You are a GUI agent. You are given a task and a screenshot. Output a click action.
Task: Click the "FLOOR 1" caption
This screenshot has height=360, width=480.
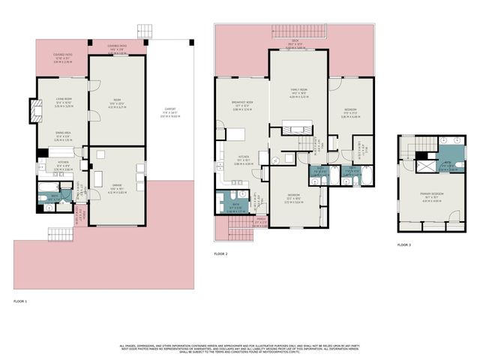point(20,301)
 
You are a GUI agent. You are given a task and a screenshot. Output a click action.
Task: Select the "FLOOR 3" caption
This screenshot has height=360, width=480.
point(405,244)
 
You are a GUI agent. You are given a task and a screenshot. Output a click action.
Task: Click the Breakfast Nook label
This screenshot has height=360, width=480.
point(244,106)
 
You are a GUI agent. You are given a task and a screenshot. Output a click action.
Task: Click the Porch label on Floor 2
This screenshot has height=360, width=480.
point(238,222)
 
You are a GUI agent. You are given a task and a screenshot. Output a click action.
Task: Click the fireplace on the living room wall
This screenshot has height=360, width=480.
point(34,111)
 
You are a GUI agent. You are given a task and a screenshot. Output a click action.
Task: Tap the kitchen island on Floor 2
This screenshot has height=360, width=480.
point(237,135)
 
